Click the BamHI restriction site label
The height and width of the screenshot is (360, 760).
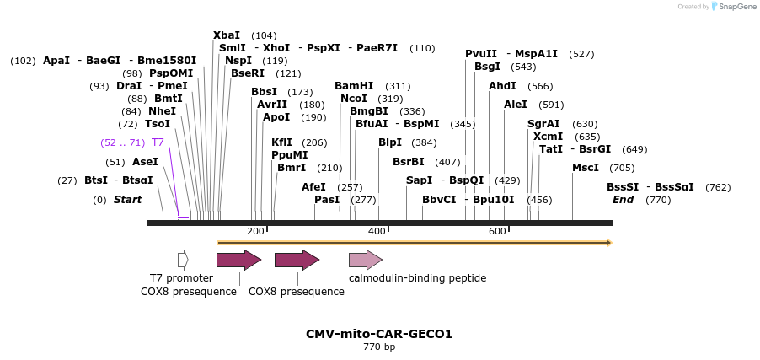point(354,86)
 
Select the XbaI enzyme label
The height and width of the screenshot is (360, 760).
point(227,35)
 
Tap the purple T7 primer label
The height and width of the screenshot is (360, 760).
point(158,142)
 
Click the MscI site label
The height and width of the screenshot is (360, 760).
point(586,168)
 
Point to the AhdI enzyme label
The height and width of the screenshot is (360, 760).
point(502,86)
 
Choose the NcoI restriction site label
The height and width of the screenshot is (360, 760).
point(354,99)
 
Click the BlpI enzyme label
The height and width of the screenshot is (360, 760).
point(390,142)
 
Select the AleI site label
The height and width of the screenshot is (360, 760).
point(516,105)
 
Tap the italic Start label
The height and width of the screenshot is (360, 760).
point(128,200)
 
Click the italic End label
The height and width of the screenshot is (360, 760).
point(623,200)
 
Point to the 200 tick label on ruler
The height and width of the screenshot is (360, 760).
point(256,232)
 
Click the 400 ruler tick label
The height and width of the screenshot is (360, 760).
point(377,232)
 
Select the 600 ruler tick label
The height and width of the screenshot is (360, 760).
point(497,232)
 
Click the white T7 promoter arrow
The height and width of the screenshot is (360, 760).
point(183,260)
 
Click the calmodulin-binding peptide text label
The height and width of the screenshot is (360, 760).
point(417,277)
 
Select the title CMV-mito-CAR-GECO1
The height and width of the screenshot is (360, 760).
point(379,334)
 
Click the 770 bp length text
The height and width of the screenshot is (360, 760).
point(379,347)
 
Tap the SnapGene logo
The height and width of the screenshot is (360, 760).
point(731,7)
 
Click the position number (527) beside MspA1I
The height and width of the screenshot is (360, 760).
point(581,54)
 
